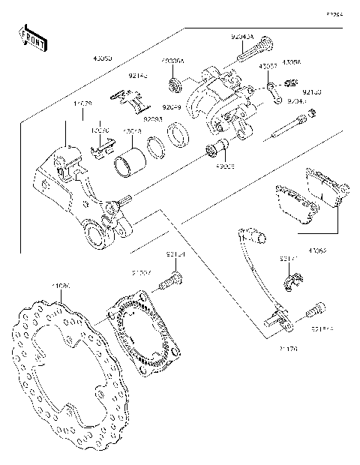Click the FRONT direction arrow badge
(32, 39)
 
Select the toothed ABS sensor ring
(146, 330)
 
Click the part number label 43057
(268, 66)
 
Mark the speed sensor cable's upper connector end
(256, 237)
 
